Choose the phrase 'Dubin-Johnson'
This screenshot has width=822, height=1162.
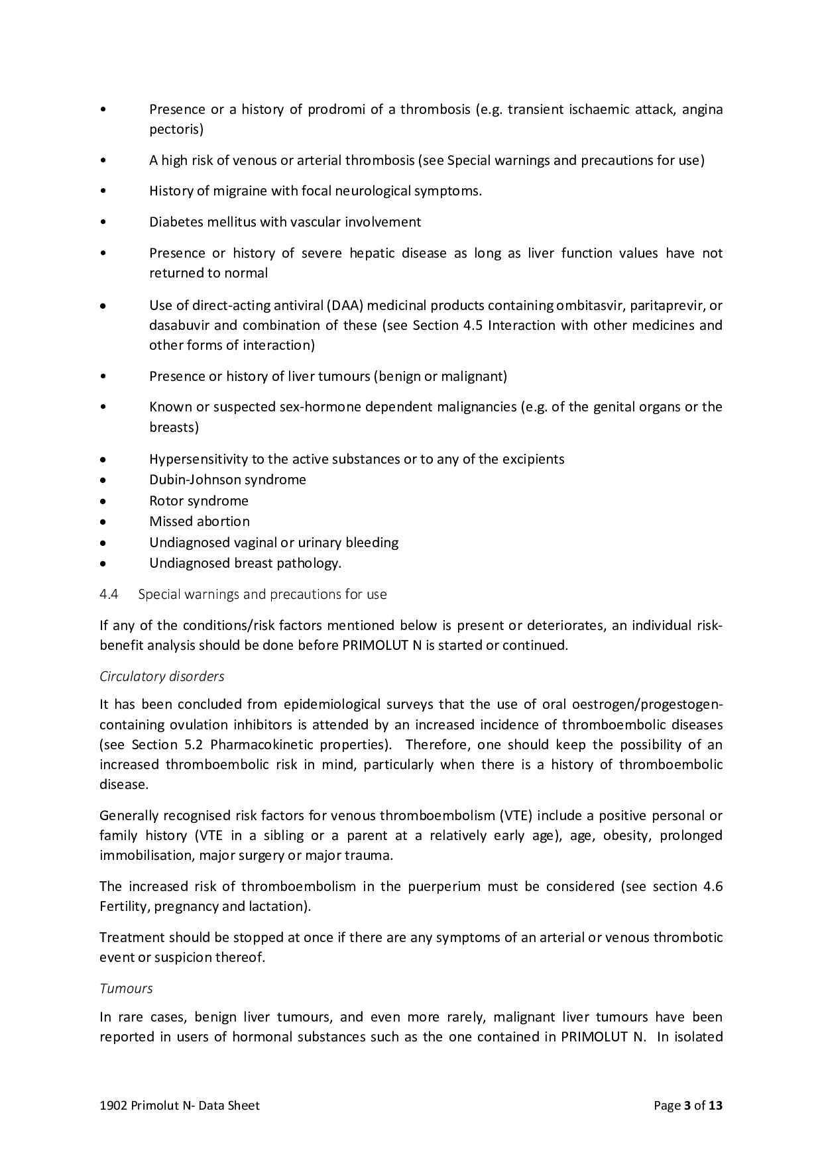click(x=186, y=480)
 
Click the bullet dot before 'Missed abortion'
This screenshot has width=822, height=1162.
click(x=103, y=522)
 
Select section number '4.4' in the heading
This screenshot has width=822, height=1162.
click(x=109, y=594)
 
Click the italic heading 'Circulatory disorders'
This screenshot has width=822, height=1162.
click(x=162, y=676)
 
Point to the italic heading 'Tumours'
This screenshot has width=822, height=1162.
click(x=126, y=988)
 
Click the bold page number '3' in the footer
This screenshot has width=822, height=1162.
click(x=687, y=1105)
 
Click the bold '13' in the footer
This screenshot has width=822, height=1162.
click(x=715, y=1105)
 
